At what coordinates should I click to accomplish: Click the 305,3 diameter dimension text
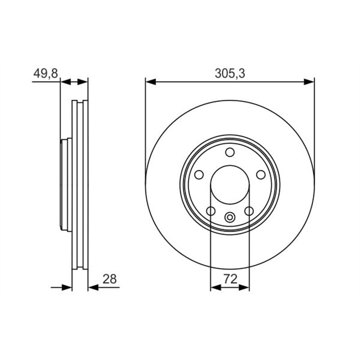pyautogui.click(x=229, y=73)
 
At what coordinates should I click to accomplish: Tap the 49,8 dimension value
pyautogui.click(x=45, y=73)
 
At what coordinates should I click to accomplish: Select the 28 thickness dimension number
pyautogui.click(x=109, y=279)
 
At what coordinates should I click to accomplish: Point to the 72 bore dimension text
pyautogui.click(x=230, y=279)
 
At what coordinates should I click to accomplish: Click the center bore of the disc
pyautogui.click(x=230, y=184)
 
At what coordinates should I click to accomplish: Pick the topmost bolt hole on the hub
pyautogui.click(x=230, y=152)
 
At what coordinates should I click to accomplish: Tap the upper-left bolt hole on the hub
pyautogui.click(x=199, y=175)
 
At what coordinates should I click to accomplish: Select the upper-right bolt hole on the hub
pyautogui.click(x=261, y=175)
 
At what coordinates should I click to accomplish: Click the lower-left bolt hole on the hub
pyautogui.click(x=211, y=211)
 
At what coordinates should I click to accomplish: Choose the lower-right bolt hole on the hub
pyautogui.click(x=249, y=211)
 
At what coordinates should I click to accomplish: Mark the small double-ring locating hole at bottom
pyautogui.click(x=230, y=217)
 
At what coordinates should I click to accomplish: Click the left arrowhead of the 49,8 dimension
pyautogui.click(x=65, y=81)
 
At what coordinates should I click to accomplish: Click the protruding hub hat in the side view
pyautogui.click(x=64, y=184)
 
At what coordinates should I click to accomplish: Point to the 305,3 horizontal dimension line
pyautogui.click(x=189, y=81)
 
